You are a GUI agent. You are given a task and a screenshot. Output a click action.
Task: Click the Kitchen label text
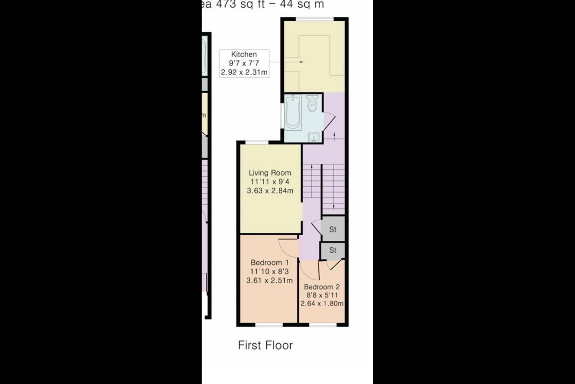[x=244, y=54]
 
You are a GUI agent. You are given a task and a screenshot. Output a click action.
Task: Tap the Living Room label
[x=270, y=173]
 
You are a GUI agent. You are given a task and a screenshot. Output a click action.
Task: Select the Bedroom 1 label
[x=270, y=263]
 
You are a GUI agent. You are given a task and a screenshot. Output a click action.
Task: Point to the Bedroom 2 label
[x=322, y=287]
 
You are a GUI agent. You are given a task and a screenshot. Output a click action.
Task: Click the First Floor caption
[x=265, y=345]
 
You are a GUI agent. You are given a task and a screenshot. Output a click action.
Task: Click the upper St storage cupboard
[x=333, y=229]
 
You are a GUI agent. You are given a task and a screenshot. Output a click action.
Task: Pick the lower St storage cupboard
[x=333, y=250]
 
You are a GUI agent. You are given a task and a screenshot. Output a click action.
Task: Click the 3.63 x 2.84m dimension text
[x=270, y=191]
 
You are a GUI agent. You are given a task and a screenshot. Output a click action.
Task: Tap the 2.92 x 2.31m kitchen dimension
[x=244, y=72]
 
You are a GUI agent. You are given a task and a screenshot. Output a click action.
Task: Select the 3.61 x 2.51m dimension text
[x=270, y=280]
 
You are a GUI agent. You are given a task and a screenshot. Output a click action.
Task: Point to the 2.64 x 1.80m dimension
[x=322, y=304]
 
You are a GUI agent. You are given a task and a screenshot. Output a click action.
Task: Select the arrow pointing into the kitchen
[x=299, y=62]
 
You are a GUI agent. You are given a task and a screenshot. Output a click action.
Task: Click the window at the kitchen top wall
[x=315, y=18]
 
